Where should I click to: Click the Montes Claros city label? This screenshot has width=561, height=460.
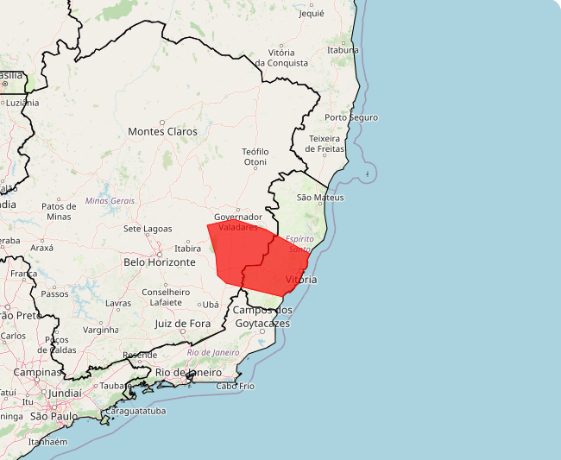pyautogui.click(x=162, y=132)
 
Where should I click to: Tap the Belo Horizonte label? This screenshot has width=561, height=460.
pyautogui.click(x=160, y=262)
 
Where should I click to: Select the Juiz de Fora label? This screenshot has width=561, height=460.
pyautogui.click(x=182, y=324)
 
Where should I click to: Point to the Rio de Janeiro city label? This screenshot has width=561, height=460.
pyautogui.click(x=194, y=372)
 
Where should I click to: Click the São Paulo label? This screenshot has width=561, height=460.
pyautogui.click(x=54, y=416)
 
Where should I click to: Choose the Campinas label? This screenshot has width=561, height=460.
pyautogui.click(x=38, y=372)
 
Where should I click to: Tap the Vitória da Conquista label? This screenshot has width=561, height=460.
pyautogui.click(x=281, y=58)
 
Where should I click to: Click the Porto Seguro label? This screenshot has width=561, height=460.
pyautogui.click(x=351, y=117)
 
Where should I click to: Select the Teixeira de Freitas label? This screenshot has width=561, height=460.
pyautogui.click(x=326, y=143)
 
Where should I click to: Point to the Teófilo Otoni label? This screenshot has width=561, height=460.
pyautogui.click(x=255, y=156)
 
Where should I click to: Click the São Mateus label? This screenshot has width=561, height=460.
pyautogui.click(x=320, y=198)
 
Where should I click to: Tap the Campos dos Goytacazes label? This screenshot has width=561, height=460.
pyautogui.click(x=262, y=317)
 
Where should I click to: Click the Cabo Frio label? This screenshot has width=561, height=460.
pyautogui.click(x=235, y=386)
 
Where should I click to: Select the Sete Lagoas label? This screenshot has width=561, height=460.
pyautogui.click(x=148, y=229)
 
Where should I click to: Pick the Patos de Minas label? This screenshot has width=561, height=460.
pyautogui.click(x=59, y=211)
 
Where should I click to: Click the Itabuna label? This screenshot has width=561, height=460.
pyautogui.click(x=344, y=50)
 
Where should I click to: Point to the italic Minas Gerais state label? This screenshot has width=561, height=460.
pyautogui.click(x=110, y=200)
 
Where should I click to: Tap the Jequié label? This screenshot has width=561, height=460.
pyautogui.click(x=311, y=14)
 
